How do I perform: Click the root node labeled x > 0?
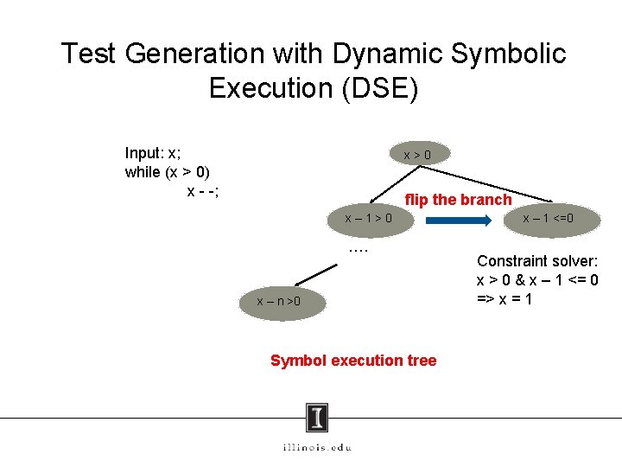(417, 155)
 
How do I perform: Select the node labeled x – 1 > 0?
(368, 219)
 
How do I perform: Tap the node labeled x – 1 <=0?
(549, 219)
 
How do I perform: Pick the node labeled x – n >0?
(279, 302)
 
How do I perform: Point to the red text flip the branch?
(458, 200)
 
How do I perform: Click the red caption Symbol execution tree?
(353, 361)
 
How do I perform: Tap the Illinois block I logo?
(317, 418)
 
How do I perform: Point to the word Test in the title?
(89, 54)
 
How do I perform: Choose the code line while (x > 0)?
(168, 171)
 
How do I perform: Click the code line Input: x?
(153, 153)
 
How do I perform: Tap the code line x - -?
(203, 190)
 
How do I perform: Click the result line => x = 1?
(505, 298)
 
